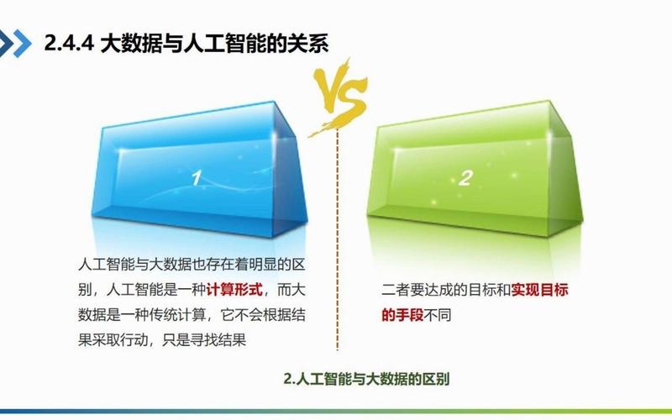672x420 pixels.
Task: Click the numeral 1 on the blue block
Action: coord(196,178)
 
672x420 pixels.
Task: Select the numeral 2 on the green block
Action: coord(467,177)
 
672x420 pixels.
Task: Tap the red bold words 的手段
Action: coord(401,314)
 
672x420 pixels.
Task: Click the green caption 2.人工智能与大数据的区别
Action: coord(367,379)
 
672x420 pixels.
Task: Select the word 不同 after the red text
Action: coord(436,314)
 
